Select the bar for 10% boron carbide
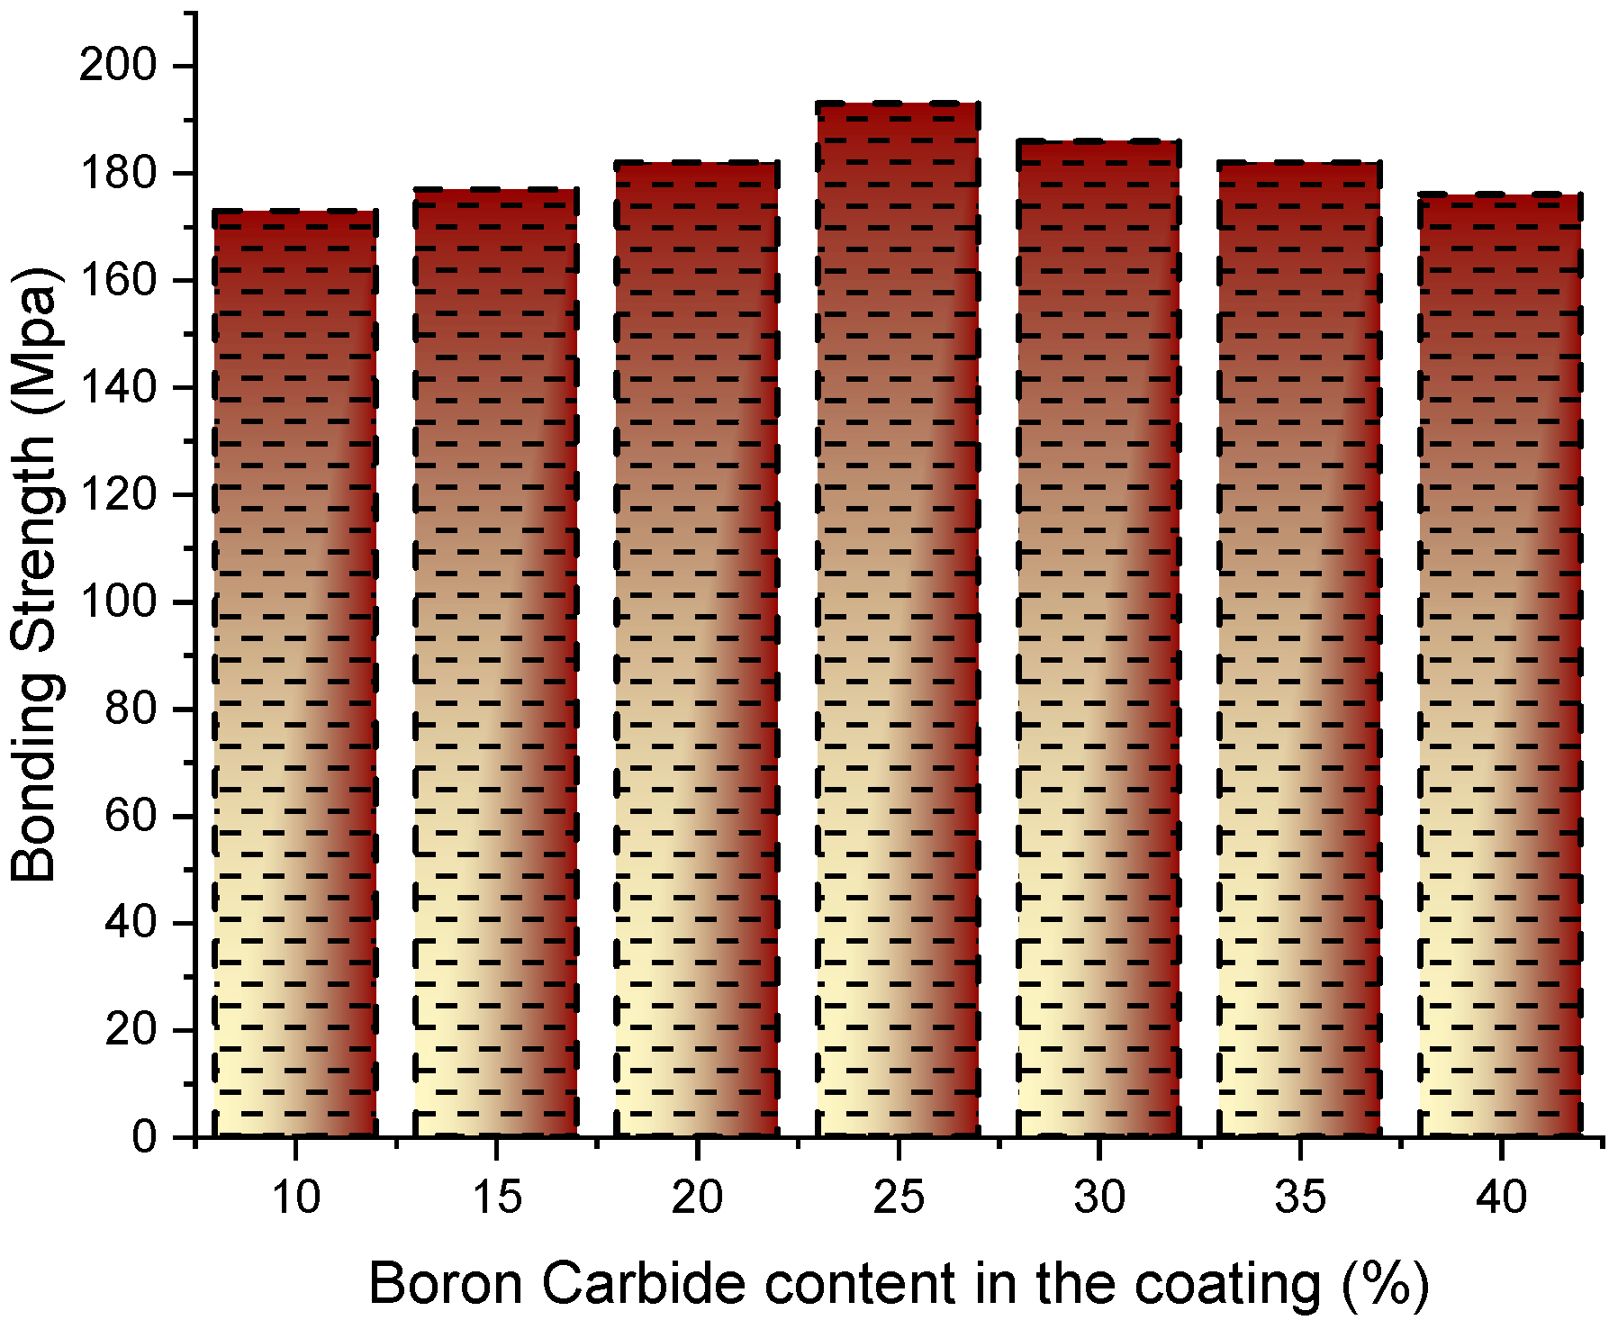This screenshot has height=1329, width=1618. [x=295, y=675]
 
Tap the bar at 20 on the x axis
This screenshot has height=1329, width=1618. [x=698, y=648]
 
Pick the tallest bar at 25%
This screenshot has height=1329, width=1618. [x=899, y=621]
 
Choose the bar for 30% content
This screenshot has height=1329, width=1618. [x=1099, y=639]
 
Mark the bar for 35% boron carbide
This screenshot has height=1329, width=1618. [x=1300, y=648]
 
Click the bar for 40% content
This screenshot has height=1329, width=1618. [x=1501, y=666]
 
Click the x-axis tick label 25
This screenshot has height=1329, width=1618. [x=899, y=1198]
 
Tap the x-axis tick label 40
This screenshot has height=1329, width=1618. [x=1501, y=1198]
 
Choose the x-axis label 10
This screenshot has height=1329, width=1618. [x=295, y=1198]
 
